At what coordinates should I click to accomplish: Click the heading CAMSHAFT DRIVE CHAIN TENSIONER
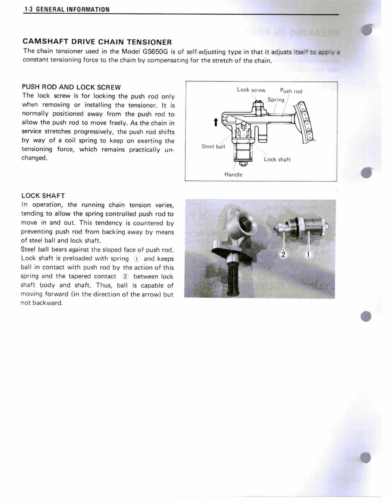[97, 42]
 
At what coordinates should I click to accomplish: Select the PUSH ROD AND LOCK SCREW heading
[71, 87]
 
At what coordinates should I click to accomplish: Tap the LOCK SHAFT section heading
[43, 196]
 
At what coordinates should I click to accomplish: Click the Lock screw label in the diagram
[251, 90]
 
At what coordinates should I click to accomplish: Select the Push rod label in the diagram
[291, 91]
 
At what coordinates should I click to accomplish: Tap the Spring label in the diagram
[276, 99]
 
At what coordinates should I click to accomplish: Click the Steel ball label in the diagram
[213, 146]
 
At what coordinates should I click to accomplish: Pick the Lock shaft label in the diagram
[277, 160]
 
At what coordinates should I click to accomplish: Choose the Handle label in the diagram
[233, 175]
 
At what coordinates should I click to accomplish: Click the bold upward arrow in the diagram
[215, 122]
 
